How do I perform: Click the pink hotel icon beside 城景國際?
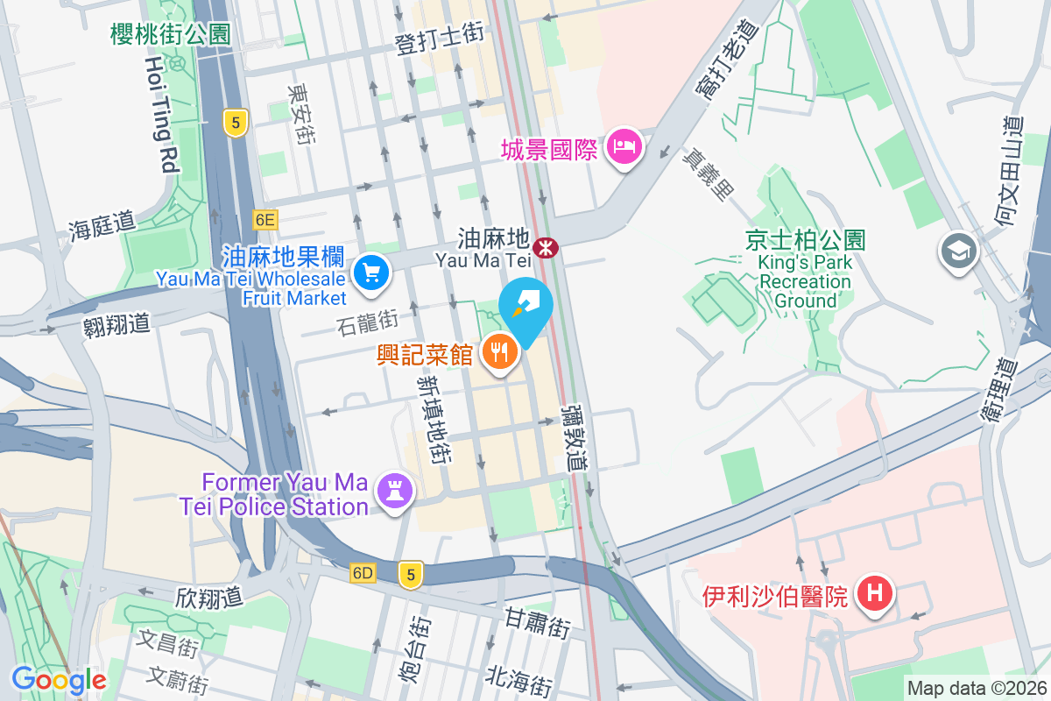[x=624, y=146]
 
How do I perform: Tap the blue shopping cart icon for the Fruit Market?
[x=371, y=273]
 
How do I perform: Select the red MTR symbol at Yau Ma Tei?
[x=547, y=248]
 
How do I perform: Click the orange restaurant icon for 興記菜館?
[x=500, y=352]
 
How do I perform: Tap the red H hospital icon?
[x=873, y=595]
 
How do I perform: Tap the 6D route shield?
[x=363, y=574]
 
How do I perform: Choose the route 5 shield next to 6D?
[x=409, y=574]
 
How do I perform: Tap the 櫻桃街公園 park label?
[x=171, y=34]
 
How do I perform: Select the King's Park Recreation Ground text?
[x=805, y=271]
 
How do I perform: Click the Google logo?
[x=59, y=680]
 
